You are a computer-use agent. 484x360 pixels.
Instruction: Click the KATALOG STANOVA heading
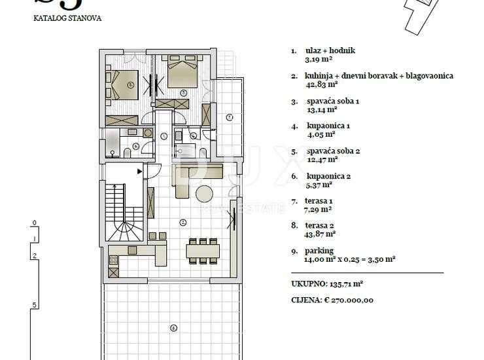tap(67, 18)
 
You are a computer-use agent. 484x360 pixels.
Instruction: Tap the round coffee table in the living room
tap(204, 194)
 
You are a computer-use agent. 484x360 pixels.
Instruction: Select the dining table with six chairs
tap(203, 251)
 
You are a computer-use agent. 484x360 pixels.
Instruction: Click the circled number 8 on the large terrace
tap(173, 328)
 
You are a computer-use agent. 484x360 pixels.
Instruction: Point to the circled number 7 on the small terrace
tap(230, 117)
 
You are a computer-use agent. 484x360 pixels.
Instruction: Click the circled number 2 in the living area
tap(183, 222)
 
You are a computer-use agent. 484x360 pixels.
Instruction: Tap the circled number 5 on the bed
tap(131, 84)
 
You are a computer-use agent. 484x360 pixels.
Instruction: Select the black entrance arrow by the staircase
tap(140, 171)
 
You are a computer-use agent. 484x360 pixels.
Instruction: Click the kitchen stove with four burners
tap(113, 260)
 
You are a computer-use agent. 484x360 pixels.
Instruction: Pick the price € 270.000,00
tap(349, 300)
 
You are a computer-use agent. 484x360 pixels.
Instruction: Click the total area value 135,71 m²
tap(346, 283)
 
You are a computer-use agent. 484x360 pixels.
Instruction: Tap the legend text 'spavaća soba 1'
tap(333, 101)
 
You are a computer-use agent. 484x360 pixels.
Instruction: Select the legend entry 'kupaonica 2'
tap(328, 177)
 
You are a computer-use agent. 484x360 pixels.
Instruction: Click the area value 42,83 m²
tap(321, 84)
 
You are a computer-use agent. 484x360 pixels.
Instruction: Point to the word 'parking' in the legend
tap(319, 251)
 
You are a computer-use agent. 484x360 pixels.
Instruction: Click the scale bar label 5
tap(34, 305)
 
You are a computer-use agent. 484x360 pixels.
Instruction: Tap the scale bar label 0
tap(35, 223)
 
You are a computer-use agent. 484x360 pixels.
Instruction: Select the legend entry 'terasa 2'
tap(319, 226)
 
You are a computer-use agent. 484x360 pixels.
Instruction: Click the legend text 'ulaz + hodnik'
tap(330, 50)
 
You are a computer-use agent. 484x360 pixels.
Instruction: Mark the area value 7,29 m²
tap(318, 209)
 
